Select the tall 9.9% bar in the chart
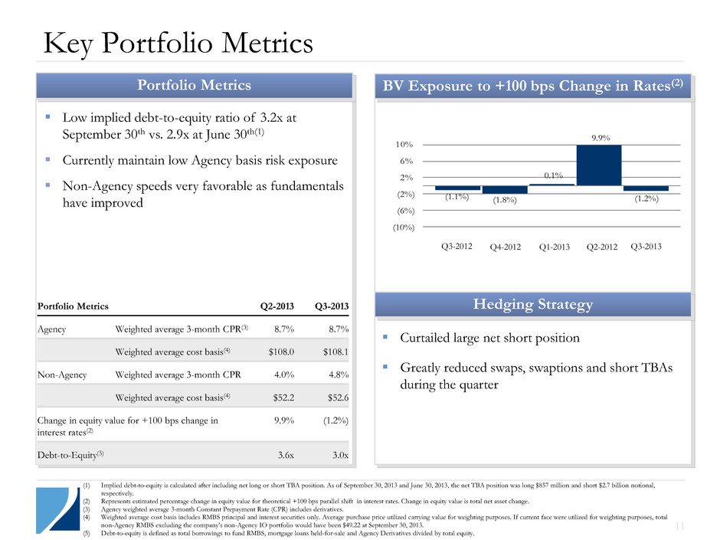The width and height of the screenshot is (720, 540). [599, 165]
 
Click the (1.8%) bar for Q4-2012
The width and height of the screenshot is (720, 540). [505, 189]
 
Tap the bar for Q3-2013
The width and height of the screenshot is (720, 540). [646, 188]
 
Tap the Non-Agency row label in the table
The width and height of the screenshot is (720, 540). [61, 375]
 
